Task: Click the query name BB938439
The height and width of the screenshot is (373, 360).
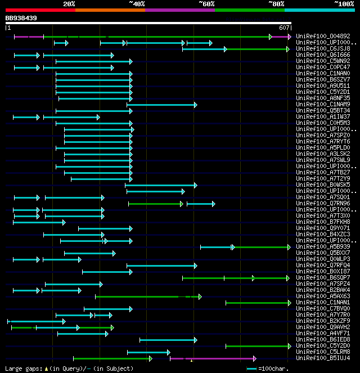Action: coord(21,18)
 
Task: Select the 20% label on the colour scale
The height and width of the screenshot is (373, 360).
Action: coord(69,4)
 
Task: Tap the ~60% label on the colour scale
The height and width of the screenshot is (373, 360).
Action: coord(206,4)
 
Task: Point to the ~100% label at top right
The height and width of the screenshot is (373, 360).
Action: coord(344,4)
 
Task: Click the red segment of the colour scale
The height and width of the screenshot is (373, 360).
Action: coord(40,10)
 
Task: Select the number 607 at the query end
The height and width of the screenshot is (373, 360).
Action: coord(285,28)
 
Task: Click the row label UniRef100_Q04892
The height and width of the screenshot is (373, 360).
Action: coord(323,37)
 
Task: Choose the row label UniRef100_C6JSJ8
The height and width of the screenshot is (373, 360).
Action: coord(323,49)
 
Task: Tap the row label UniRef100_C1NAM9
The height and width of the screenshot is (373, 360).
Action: coord(323,105)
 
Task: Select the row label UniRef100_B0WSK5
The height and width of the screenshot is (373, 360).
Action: coord(323,185)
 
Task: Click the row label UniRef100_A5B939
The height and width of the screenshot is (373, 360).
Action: coord(323,247)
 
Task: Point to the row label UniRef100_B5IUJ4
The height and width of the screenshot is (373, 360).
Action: coord(323,358)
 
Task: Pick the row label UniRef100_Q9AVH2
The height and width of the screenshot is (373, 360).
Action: coord(323,327)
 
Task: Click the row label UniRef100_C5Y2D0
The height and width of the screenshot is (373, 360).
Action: coord(323,346)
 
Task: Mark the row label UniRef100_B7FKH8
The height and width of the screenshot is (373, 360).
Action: coord(323,222)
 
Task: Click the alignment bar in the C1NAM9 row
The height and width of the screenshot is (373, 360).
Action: coord(161,105)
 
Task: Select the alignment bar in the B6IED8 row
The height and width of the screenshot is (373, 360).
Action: coord(168,340)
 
